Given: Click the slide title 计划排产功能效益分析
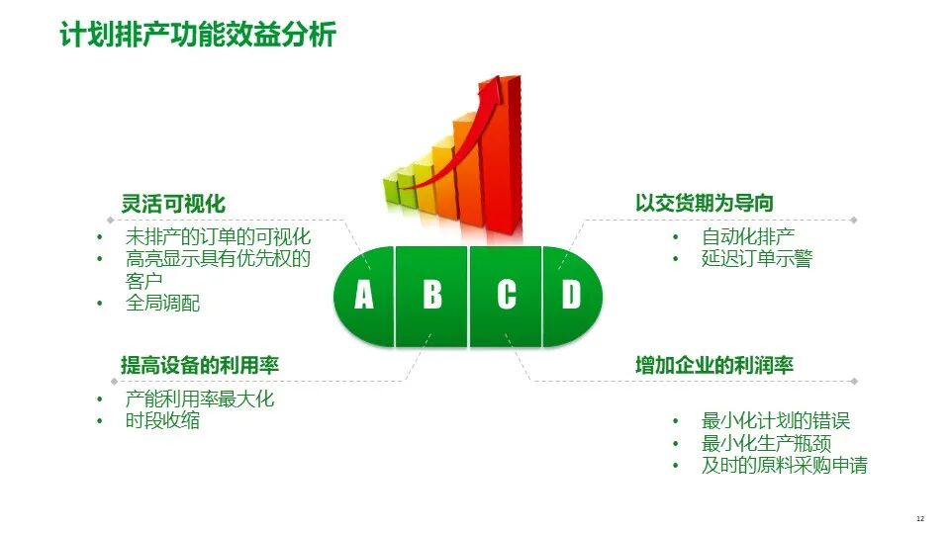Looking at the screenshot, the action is tap(198, 34).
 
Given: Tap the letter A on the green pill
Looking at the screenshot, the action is tap(363, 295).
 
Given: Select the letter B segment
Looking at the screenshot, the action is tap(432, 295).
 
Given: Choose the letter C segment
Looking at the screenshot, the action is tap(507, 295).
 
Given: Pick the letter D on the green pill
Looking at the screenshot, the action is tap(571, 295).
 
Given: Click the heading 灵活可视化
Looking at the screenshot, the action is tap(173, 204).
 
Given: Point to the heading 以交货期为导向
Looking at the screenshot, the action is tap(704, 203).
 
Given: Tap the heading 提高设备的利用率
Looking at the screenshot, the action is tap(200, 365).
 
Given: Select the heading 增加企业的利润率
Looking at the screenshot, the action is tap(714, 365).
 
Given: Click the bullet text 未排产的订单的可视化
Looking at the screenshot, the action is tap(218, 236).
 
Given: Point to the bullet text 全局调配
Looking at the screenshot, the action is tap(162, 303).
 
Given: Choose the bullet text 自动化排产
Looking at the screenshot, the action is tap(748, 236).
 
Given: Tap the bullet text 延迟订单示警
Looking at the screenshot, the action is tap(757, 258).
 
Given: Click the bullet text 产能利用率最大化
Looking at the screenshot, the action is tap(200, 399).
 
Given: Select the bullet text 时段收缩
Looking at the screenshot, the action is tap(162, 420).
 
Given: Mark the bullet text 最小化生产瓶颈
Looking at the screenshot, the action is tap(766, 443).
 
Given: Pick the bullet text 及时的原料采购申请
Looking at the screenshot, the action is tap(785, 465).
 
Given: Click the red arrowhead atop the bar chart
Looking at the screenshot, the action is tap(493, 88).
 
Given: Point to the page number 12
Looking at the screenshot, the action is tap(920, 518).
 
